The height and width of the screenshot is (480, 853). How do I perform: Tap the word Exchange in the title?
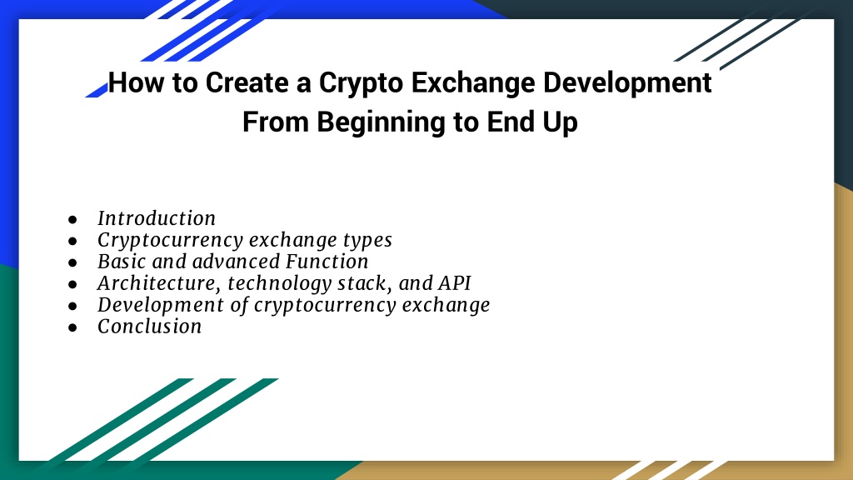tap(473, 84)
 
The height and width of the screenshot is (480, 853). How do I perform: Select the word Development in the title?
tap(627, 84)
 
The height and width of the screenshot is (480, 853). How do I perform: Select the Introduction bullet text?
tap(157, 218)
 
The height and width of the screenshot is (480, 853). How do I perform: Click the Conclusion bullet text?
tap(150, 327)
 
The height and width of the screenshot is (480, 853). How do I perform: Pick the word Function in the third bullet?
tap(327, 262)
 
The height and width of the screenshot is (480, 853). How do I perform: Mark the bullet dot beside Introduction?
tap(73, 219)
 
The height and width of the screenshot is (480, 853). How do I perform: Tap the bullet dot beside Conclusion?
tap(73, 327)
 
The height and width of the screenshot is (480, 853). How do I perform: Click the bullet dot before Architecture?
tap(73, 284)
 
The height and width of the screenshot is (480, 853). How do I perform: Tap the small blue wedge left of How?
tap(97, 90)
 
